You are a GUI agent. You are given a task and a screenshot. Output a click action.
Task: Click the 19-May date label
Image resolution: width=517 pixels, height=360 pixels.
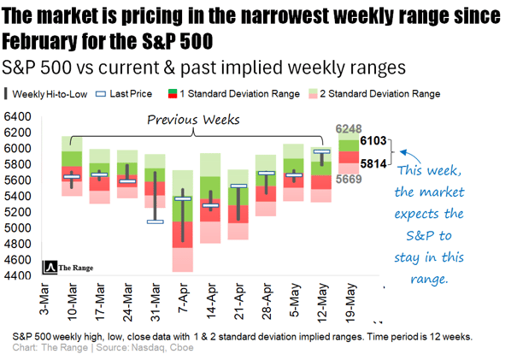point(349,303)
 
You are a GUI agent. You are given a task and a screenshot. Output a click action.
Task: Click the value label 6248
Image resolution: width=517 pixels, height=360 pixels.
point(350,128)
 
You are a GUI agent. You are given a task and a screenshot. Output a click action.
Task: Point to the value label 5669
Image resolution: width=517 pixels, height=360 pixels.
point(350,179)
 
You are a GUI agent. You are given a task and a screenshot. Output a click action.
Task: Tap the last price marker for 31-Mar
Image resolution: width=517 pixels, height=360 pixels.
point(155,221)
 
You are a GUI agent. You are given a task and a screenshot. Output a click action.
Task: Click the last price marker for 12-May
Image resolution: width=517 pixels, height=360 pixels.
point(321,152)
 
